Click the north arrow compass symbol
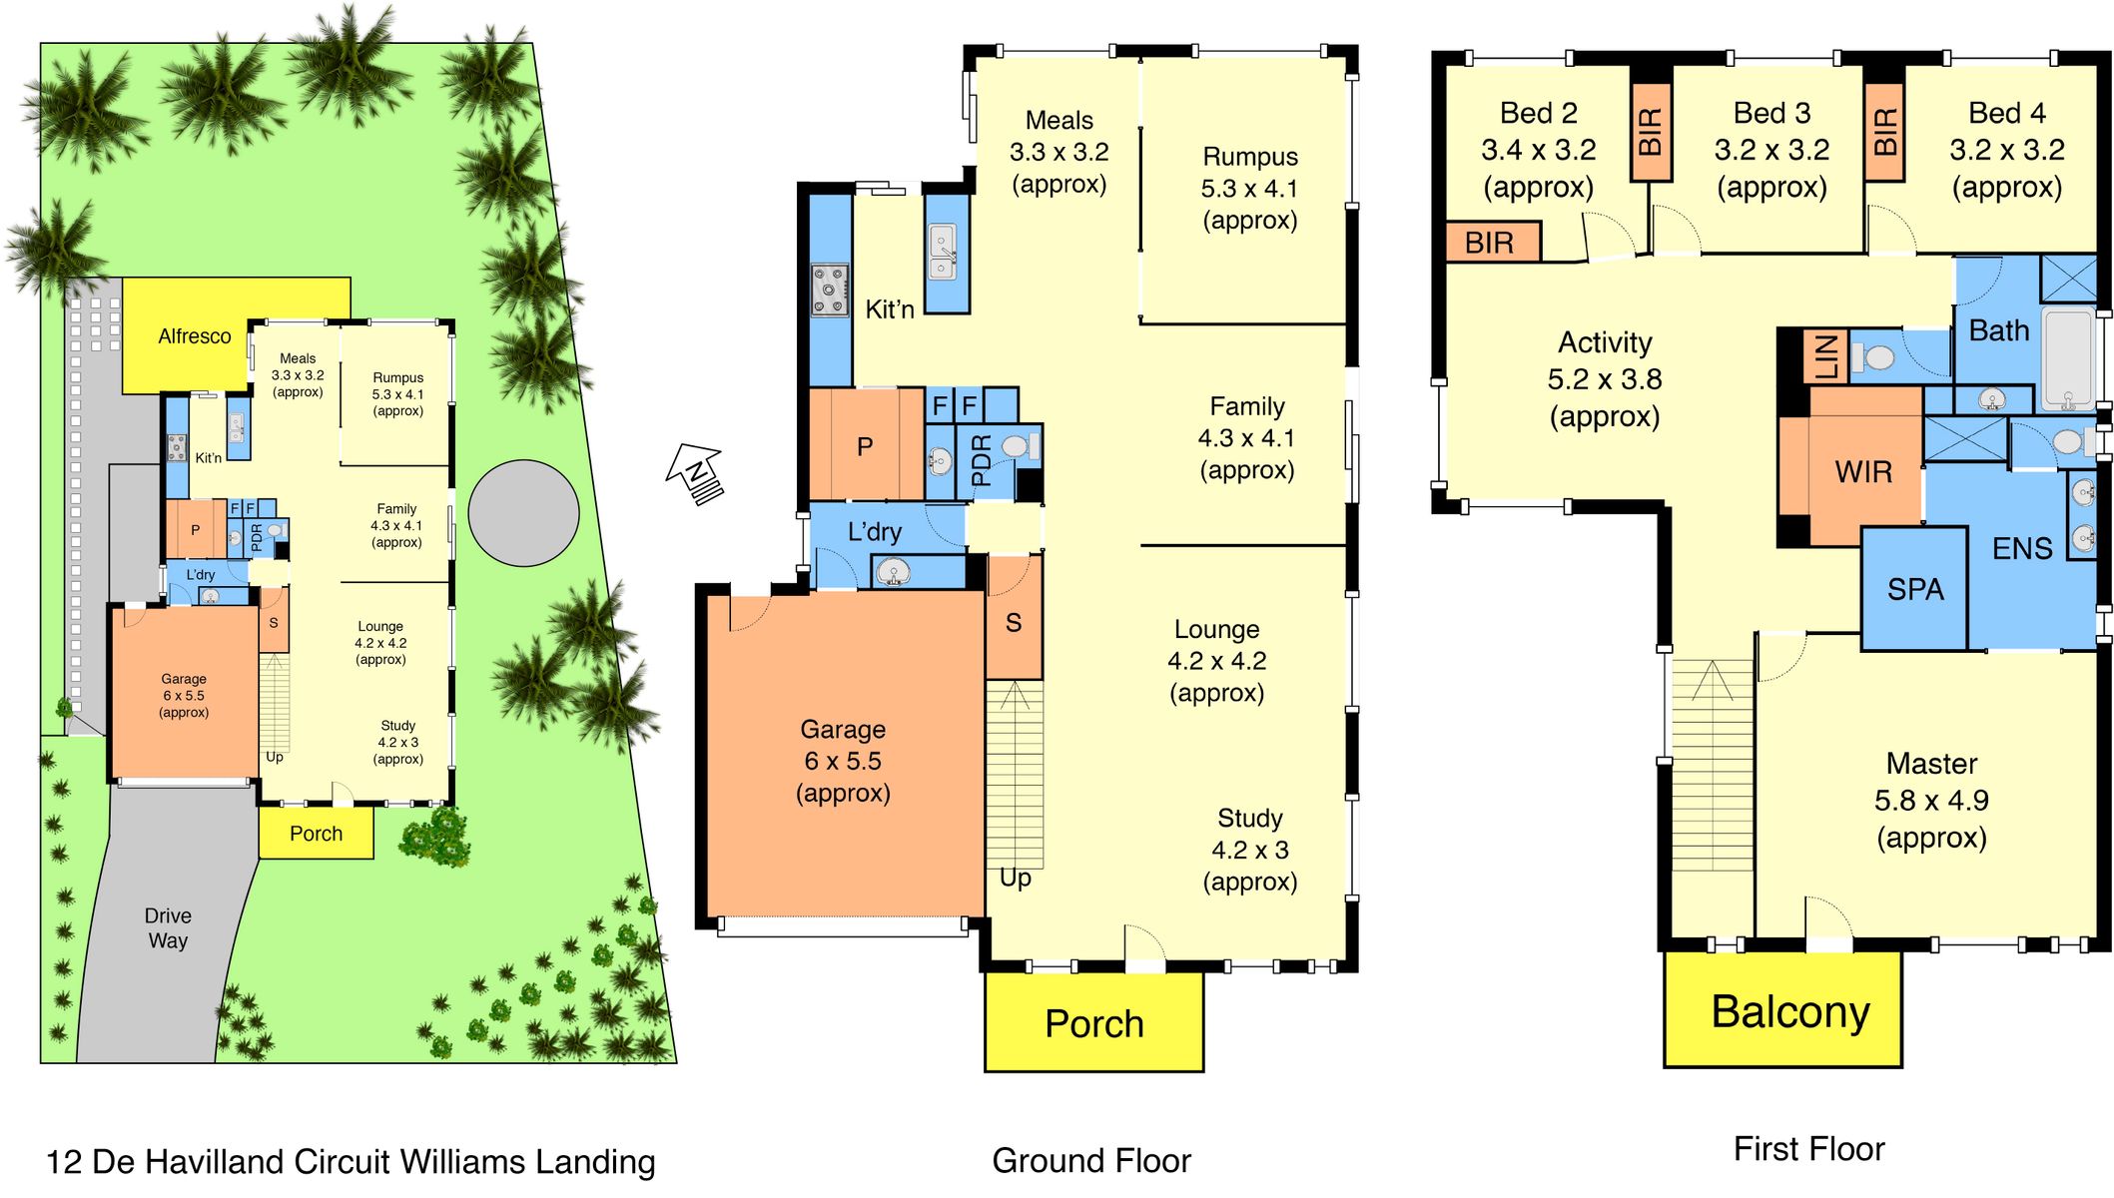695,473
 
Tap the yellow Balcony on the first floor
1782,1009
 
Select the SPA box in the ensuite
1914,589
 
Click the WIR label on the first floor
1863,471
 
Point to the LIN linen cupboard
1825,356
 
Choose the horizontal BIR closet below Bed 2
1493,242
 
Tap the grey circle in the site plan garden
524,513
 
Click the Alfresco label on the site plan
195,336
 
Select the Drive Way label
168,927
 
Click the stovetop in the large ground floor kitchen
830,290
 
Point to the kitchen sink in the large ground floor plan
943,253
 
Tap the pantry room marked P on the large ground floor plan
866,444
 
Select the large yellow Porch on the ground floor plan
1093,1021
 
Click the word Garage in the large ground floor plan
843,729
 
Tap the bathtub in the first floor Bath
2068,357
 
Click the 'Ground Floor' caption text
1091,1160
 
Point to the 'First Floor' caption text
1808,1149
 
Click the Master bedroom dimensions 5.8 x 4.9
1931,800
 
